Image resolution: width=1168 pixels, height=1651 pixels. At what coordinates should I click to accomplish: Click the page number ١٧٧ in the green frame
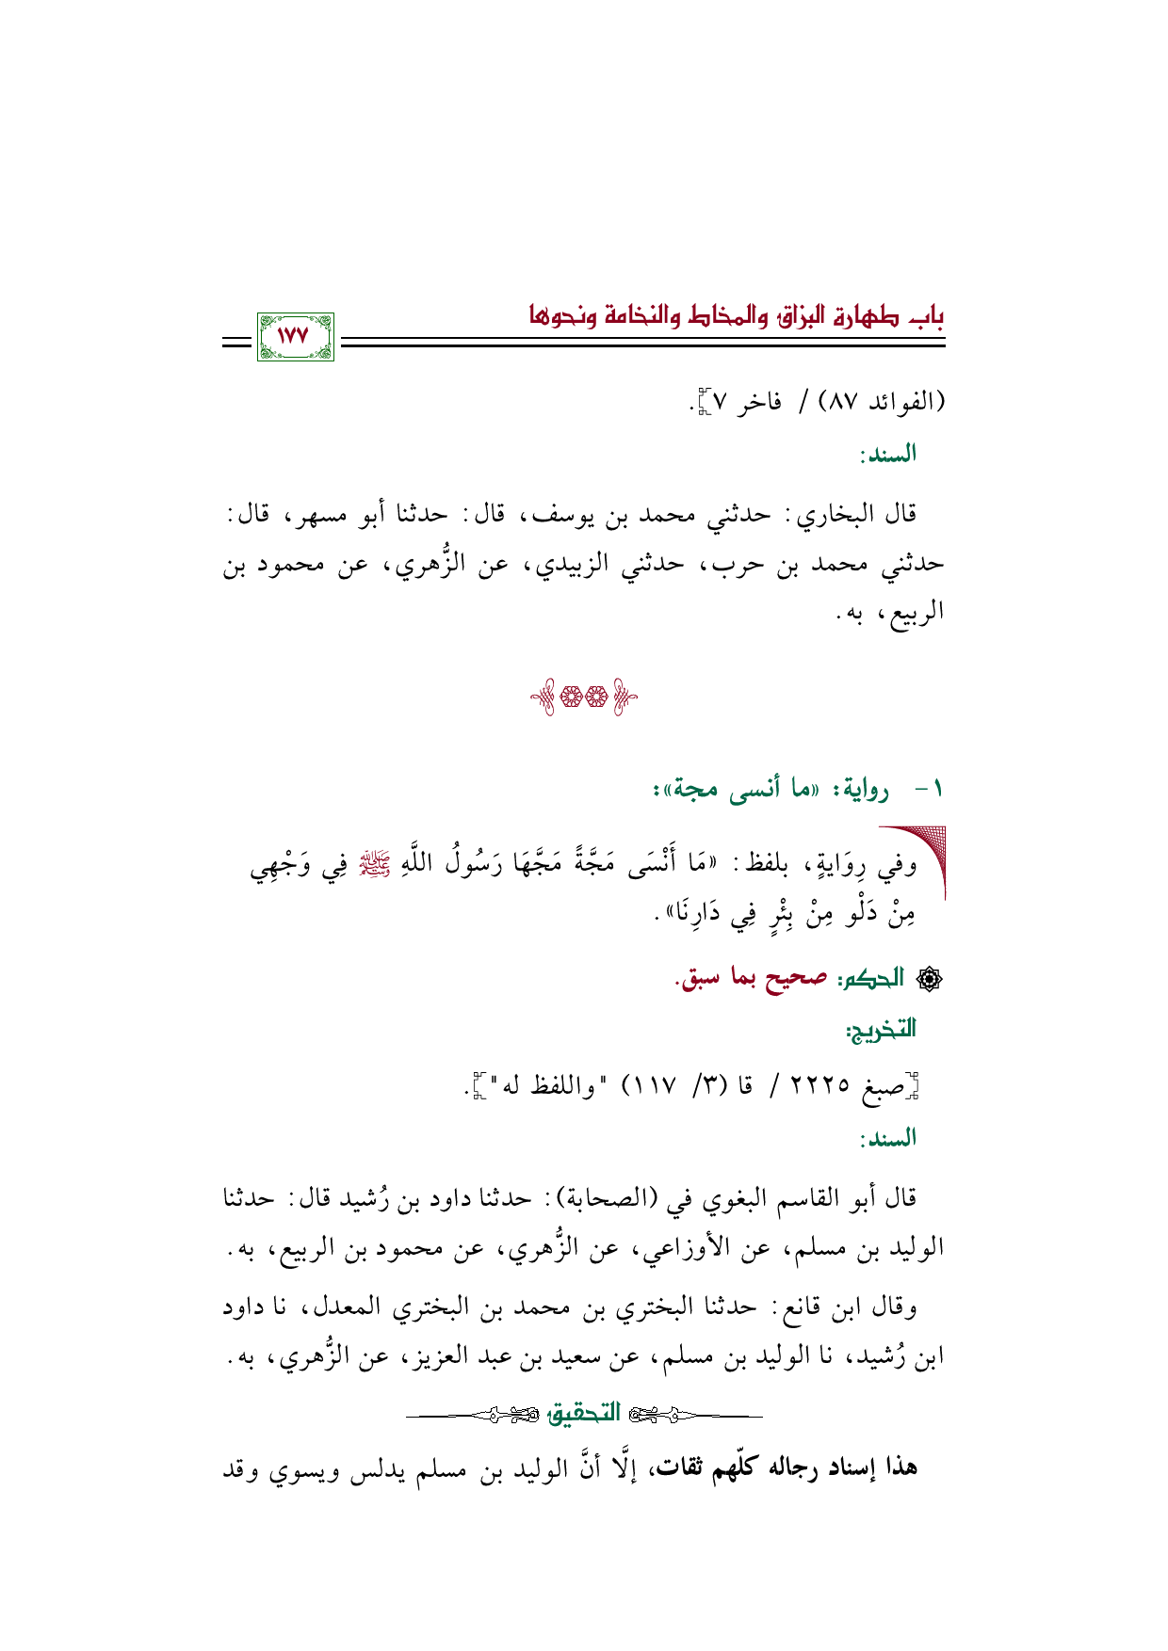(295, 335)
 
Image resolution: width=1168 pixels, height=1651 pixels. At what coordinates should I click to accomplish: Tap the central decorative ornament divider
(583, 698)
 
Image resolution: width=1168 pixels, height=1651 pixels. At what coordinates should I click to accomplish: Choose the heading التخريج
(882, 1030)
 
